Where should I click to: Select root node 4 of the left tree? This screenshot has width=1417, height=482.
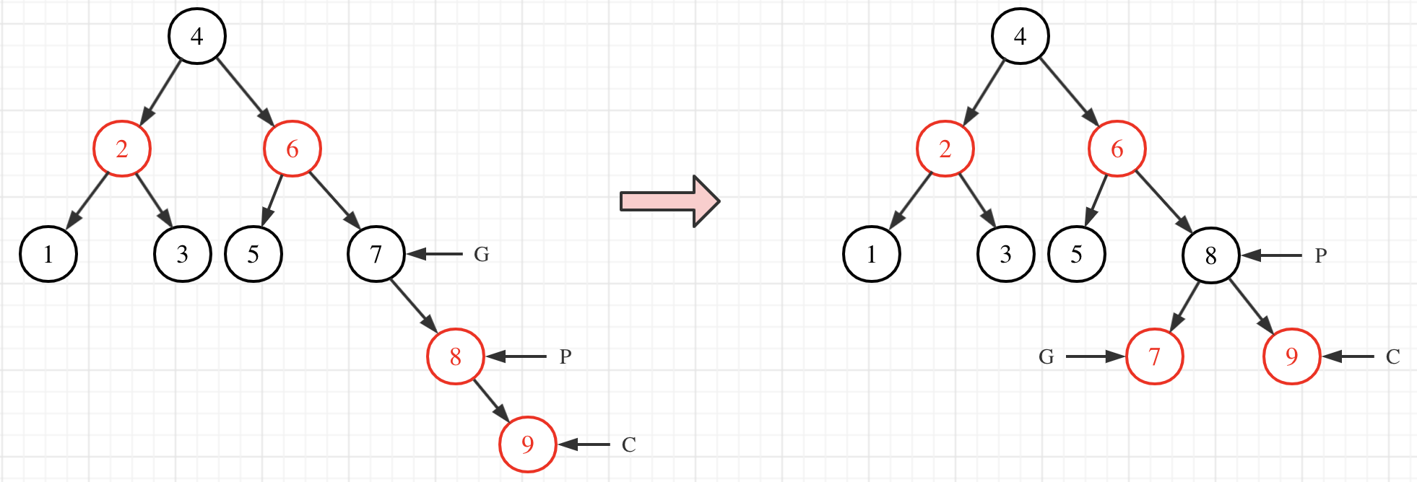coord(197,36)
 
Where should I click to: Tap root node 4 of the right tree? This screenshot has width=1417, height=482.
coord(1020,36)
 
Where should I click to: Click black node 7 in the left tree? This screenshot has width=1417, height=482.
coord(376,254)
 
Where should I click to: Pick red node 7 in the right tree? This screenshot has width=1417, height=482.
coord(1154,356)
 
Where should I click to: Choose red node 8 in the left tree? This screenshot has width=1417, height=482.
coord(455,356)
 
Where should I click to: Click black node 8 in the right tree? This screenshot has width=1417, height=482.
coord(1210,255)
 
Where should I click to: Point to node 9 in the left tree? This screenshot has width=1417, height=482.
coord(527,444)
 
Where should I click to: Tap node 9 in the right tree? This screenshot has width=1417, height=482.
coord(1291,356)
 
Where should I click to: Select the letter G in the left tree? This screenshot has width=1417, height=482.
coord(482,255)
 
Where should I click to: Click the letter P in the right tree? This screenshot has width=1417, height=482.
coord(1321,256)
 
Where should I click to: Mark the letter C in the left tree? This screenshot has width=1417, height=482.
coord(629,445)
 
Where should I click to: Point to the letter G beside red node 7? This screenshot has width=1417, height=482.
coord(1046,357)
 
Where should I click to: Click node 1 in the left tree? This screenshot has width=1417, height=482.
coord(48,254)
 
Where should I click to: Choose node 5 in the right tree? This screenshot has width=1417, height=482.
coord(1076,254)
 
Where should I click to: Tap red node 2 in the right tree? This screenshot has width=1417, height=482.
coord(945,149)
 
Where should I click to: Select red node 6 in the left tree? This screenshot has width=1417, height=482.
coord(292,149)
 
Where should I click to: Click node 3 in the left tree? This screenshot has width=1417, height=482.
coord(182,254)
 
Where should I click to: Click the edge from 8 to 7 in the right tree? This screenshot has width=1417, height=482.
coord(1184,306)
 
